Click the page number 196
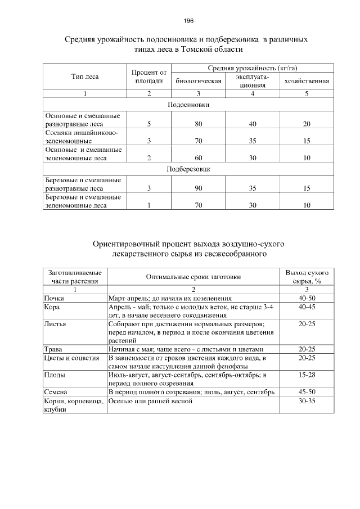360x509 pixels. tap(188, 21)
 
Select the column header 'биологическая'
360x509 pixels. tap(199, 80)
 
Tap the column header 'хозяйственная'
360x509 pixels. tap(307, 80)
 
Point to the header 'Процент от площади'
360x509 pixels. tap(149, 76)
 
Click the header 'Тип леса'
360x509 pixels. tap(85, 76)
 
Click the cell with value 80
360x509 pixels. tap(199, 123)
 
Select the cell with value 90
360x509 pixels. tap(199, 188)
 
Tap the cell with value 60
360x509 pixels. tap(199, 159)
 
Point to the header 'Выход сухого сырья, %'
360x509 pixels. tap(307, 276)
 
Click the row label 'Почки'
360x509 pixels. tap(54, 298)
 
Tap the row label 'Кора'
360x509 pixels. tap(52, 307)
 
